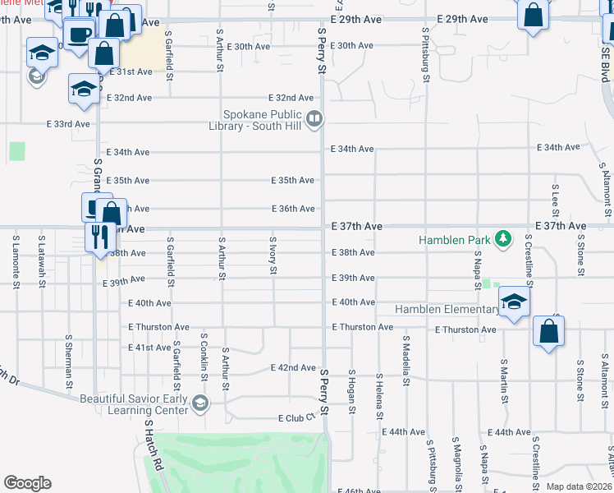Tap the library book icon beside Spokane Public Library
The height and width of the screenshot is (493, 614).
pyautogui.click(x=313, y=120)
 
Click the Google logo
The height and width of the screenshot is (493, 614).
pyautogui.click(x=27, y=483)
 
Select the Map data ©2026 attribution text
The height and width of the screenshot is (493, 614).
pyautogui.click(x=579, y=486)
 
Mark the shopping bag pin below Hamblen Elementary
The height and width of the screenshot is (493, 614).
pyautogui.click(x=548, y=333)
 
